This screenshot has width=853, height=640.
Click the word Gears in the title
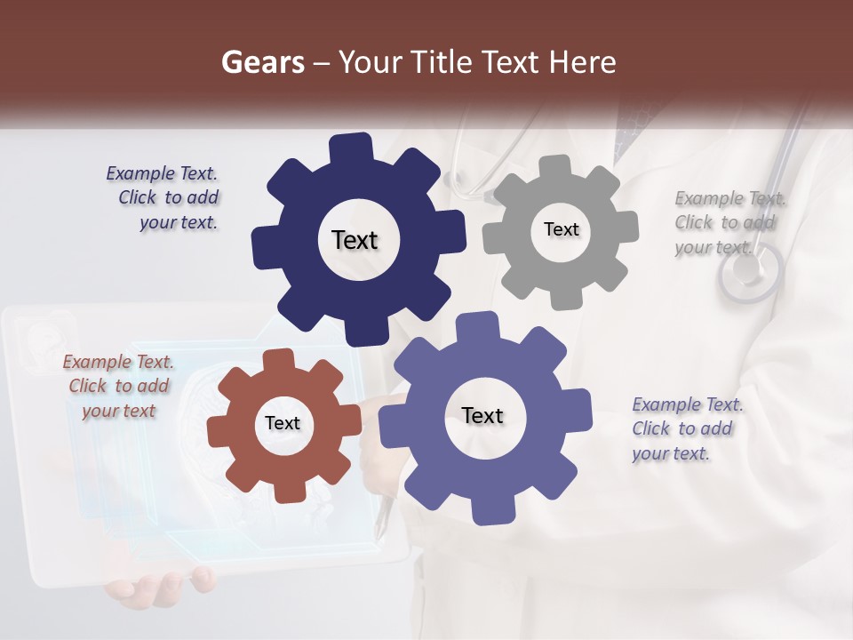[x=263, y=62]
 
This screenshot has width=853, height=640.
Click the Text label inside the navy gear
[x=355, y=240]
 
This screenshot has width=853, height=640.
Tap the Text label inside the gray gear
[x=561, y=229]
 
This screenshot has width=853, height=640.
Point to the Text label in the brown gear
[x=283, y=423]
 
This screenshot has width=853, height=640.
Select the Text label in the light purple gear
[x=482, y=415]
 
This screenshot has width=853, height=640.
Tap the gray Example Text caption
[x=729, y=222]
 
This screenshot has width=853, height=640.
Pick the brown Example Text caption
[x=119, y=386]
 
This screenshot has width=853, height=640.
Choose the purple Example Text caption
[x=686, y=428]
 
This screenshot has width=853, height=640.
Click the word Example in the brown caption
[x=97, y=362]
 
